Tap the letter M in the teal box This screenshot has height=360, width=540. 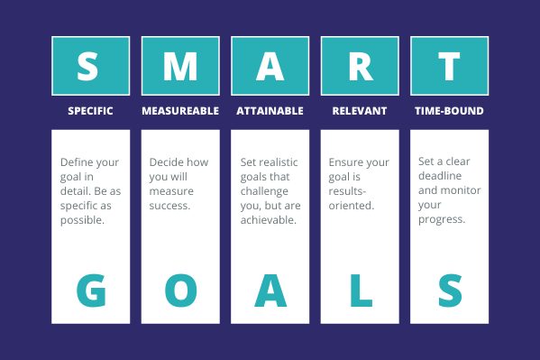coord(179,65)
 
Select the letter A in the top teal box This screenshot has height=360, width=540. coord(270,65)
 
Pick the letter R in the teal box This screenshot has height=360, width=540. coord(360,65)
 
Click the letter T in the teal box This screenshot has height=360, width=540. coord(449,65)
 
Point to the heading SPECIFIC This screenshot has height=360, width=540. coord(90,111)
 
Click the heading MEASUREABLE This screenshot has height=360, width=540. coord(179,111)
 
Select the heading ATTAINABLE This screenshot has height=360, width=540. coord(270,111)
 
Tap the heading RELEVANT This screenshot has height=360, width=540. coord(360,111)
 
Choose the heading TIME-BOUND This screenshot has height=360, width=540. coord(449,111)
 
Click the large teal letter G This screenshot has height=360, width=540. coord(90,290)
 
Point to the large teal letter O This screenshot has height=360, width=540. coord(179,290)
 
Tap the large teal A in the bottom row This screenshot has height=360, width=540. coord(270,290)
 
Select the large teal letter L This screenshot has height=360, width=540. coord(360,290)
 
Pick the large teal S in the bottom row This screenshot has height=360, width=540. coord(449,290)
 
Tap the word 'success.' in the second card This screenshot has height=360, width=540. coord(169,206)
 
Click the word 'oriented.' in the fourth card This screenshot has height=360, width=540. coord(351,206)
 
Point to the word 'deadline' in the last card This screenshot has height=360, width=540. coord(439,176)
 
